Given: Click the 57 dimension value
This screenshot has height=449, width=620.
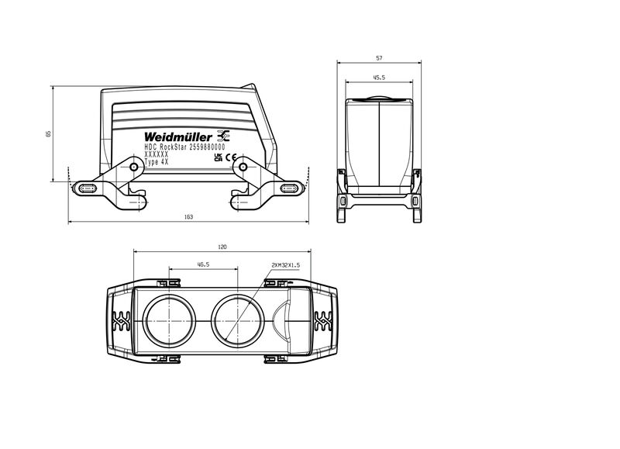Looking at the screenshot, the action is point(379,58).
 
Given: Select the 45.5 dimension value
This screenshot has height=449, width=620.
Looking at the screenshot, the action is point(379,78).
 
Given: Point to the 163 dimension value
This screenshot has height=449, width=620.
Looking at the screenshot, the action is point(188,217).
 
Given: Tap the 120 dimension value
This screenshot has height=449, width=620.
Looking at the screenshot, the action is point(222,247).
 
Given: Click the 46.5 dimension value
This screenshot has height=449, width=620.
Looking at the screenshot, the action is point(203,264).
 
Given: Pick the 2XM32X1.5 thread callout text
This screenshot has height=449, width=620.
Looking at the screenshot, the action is point(285,265).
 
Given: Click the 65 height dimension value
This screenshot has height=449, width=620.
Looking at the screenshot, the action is point(49,133).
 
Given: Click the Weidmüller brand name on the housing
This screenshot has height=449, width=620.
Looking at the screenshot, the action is point(178,137).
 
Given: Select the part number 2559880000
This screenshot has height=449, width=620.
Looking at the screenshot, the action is point(207,147).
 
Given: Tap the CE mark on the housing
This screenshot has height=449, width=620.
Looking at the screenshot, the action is point(231,157).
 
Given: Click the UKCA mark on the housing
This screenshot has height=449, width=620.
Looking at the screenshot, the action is point(218,157).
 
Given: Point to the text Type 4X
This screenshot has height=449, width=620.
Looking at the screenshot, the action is point(157,162).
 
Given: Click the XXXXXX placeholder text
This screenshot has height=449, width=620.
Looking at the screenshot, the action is point(157,154).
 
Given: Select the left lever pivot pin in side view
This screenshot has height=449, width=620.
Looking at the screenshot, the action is point(134,167).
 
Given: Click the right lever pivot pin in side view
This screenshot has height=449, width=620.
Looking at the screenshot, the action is point(243,167).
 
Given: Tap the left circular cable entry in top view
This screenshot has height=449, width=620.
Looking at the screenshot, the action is point(169,321).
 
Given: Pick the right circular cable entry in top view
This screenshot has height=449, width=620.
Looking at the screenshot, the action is point(238,321).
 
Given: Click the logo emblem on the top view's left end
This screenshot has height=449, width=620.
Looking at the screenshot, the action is point(122,321).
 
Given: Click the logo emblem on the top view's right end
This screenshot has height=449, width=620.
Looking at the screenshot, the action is point(323,321).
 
